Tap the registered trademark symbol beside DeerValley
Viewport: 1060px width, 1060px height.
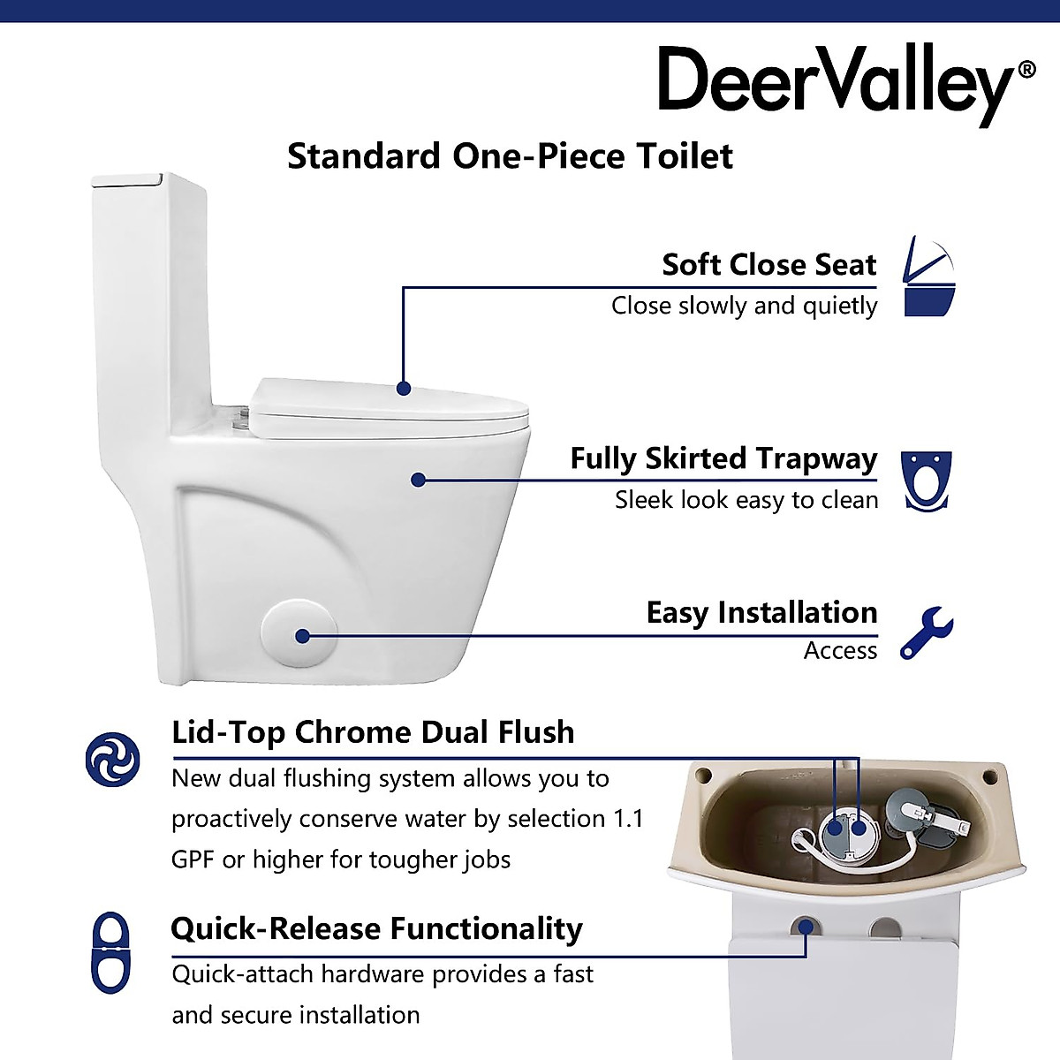click(x=1026, y=70)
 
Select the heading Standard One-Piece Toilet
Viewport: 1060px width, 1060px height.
click(x=510, y=156)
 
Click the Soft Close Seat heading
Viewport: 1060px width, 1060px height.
click(x=768, y=264)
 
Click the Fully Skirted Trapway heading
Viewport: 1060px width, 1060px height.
click(x=723, y=458)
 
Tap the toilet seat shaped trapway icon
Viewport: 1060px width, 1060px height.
click(x=926, y=481)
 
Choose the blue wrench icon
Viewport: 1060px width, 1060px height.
click(x=926, y=632)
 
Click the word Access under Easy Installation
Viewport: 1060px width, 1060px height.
click(x=840, y=651)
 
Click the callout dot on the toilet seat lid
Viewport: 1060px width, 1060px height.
click(x=404, y=388)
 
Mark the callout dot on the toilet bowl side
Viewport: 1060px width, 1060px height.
click(x=419, y=480)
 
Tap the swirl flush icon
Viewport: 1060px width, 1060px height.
click(x=112, y=759)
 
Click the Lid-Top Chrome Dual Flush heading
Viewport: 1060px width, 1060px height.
click(x=373, y=732)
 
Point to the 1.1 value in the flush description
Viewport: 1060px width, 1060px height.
click(x=628, y=819)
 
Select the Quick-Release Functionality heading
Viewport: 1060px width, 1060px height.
click(x=376, y=928)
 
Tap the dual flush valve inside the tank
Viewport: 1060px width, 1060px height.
click(x=845, y=828)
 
